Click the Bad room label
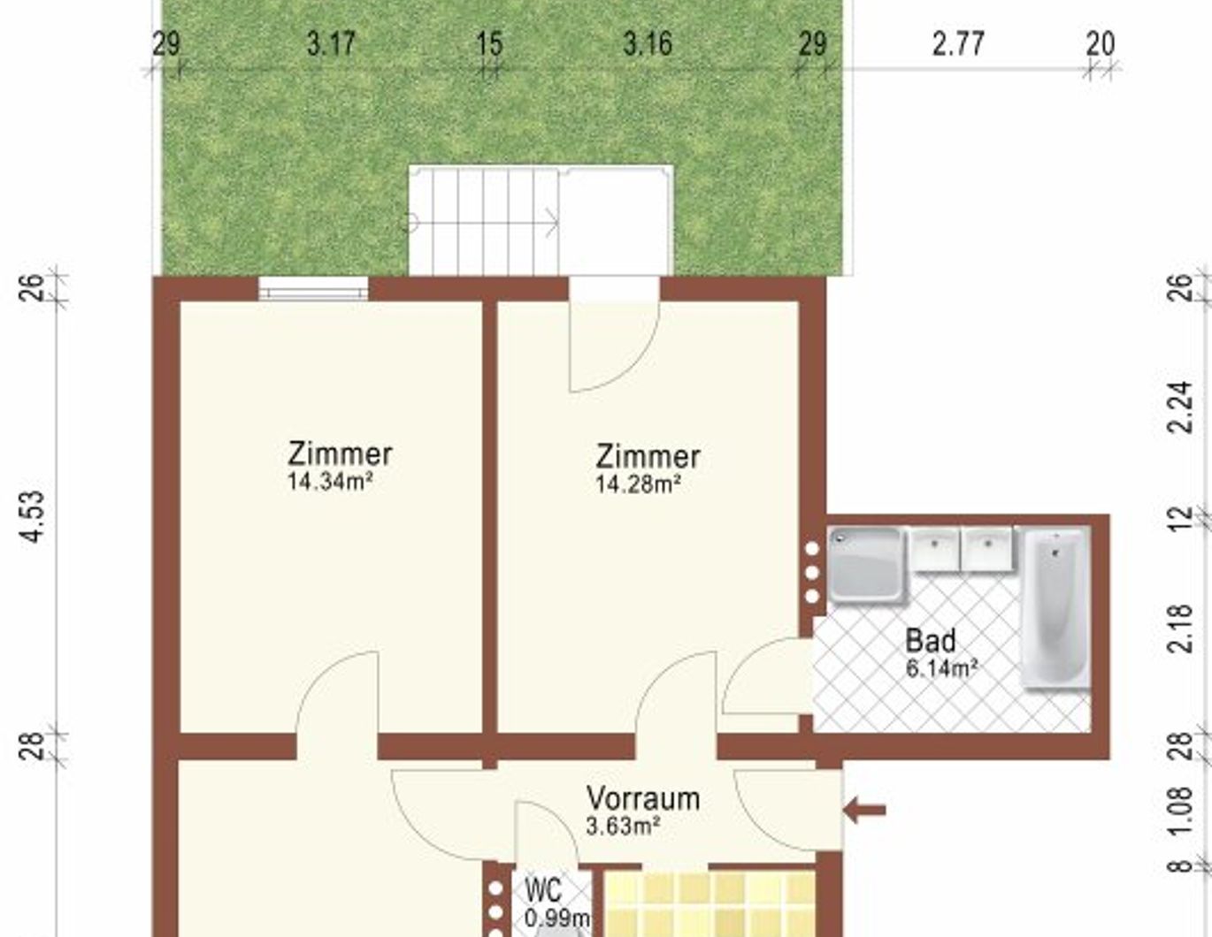[x=931, y=641]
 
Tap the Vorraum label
[x=643, y=798]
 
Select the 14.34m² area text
[x=330, y=482]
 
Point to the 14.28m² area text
[x=638, y=484]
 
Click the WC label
[x=543, y=890]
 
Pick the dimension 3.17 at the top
[x=331, y=44]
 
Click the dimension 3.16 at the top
[x=648, y=44]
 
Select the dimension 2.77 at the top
[x=958, y=44]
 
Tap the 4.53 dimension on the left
[x=32, y=516]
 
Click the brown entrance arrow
[x=864, y=810]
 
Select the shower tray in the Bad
[x=866, y=564]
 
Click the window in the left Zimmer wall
[x=313, y=289]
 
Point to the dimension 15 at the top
[x=490, y=44]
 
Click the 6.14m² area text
[x=941, y=668]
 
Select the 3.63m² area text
[x=623, y=827]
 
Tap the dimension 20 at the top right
[x=1101, y=44]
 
